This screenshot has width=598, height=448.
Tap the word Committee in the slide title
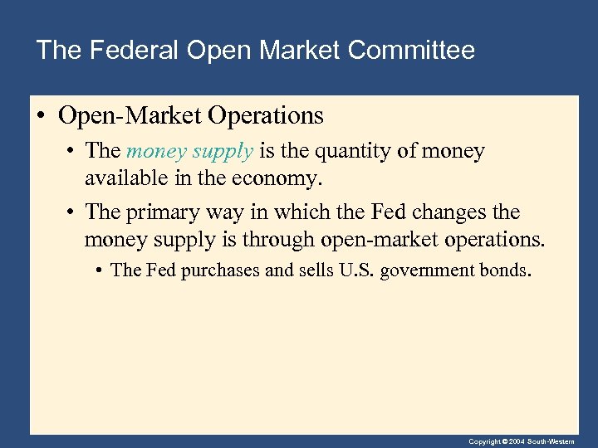click(x=412, y=51)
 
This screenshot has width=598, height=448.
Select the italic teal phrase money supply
click(x=189, y=151)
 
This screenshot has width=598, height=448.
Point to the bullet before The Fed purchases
click(x=100, y=270)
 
